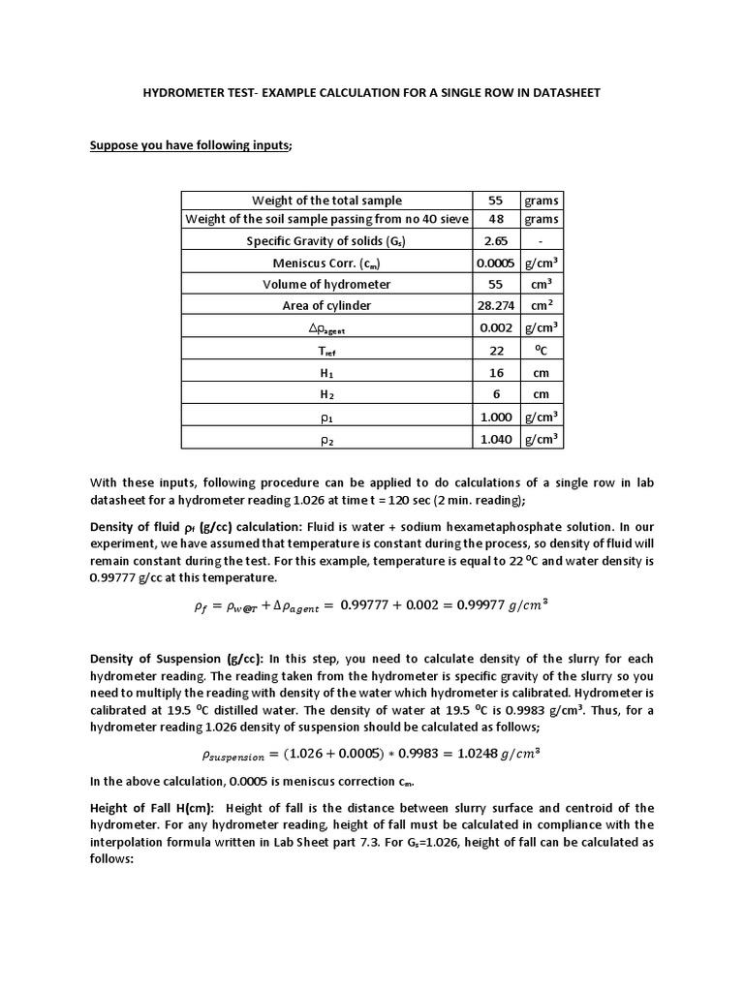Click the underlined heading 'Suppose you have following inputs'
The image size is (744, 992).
pyautogui.click(x=190, y=146)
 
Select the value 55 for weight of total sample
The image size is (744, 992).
pyautogui.click(x=495, y=201)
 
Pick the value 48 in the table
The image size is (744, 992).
pyautogui.click(x=495, y=219)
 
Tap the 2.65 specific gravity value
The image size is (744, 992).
pyautogui.click(x=495, y=240)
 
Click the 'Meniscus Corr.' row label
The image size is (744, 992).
pyautogui.click(x=325, y=263)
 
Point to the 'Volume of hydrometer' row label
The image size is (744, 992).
pyautogui.click(x=325, y=284)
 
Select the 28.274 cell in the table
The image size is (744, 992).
pyautogui.click(x=495, y=305)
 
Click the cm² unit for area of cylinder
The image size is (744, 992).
pyautogui.click(x=541, y=305)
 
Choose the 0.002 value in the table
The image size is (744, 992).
pyautogui.click(x=495, y=327)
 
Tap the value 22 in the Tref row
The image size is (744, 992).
pyautogui.click(x=495, y=350)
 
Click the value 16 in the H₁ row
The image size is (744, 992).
pyautogui.click(x=495, y=372)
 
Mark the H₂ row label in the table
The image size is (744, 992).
pyautogui.click(x=325, y=394)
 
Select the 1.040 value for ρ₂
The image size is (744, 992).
pyautogui.click(x=495, y=439)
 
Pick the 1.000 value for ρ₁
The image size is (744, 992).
pyautogui.click(x=495, y=417)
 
